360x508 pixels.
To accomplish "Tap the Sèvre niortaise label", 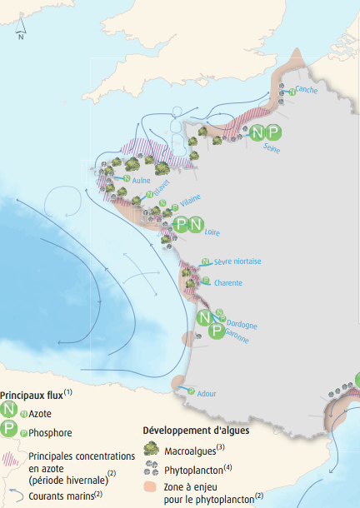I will point(237,261).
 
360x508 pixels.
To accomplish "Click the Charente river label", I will point(228,282).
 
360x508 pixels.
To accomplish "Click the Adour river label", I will point(208,392).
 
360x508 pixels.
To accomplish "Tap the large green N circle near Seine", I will point(258,132).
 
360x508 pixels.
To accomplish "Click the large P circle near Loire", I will point(181,224).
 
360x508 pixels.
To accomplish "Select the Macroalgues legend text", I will point(192,449).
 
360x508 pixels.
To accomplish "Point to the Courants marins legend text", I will point(63,495).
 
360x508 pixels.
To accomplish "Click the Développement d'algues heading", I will point(196,430).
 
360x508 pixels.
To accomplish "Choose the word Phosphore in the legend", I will point(50,432).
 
